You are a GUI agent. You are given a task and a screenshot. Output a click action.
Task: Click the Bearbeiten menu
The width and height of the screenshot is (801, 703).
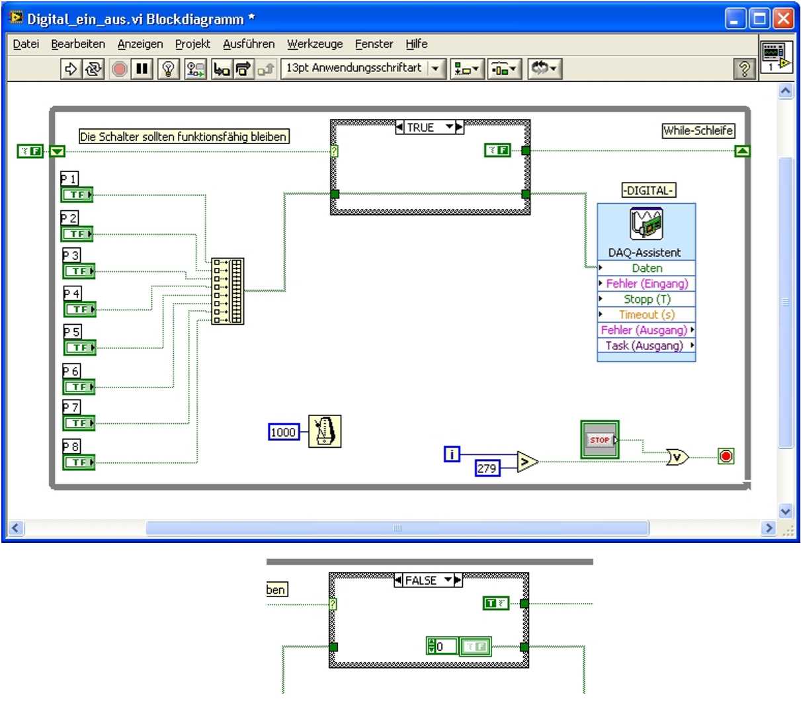(78, 44)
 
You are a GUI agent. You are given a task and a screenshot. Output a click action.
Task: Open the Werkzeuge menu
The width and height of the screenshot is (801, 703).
(315, 44)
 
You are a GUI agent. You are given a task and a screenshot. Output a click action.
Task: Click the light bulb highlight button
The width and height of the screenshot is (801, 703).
(168, 69)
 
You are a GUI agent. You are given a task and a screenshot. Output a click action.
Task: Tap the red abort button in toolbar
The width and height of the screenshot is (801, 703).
(119, 69)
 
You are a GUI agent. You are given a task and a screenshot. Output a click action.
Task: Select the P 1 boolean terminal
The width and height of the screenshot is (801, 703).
(77, 194)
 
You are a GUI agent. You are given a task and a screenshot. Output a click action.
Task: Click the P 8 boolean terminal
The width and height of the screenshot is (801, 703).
(79, 462)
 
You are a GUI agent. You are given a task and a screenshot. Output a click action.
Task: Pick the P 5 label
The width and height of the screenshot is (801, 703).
(72, 331)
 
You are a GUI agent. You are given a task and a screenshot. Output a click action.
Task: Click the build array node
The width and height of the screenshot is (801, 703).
(228, 291)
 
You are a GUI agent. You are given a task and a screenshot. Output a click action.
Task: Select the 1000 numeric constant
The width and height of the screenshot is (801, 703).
(284, 432)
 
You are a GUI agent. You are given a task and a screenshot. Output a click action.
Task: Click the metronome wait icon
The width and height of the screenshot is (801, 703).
(325, 431)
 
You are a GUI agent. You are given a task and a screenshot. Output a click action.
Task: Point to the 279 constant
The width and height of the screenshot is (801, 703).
(487, 468)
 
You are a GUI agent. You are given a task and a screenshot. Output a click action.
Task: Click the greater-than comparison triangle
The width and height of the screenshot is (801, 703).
(527, 462)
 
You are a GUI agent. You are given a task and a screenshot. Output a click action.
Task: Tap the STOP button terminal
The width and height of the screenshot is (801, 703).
(600, 440)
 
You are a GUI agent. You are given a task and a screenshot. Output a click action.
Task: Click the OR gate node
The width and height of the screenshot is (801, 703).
(677, 457)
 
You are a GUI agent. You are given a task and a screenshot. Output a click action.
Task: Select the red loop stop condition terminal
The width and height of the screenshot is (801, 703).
(726, 456)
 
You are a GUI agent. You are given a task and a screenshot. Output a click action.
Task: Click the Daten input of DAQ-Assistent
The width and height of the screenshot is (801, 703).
(646, 268)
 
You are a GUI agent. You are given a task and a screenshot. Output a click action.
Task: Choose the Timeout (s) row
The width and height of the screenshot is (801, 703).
(646, 314)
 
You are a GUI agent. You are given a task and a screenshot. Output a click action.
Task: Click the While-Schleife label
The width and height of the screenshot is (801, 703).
(698, 130)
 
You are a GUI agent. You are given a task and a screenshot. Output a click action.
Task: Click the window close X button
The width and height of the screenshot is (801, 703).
(783, 19)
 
